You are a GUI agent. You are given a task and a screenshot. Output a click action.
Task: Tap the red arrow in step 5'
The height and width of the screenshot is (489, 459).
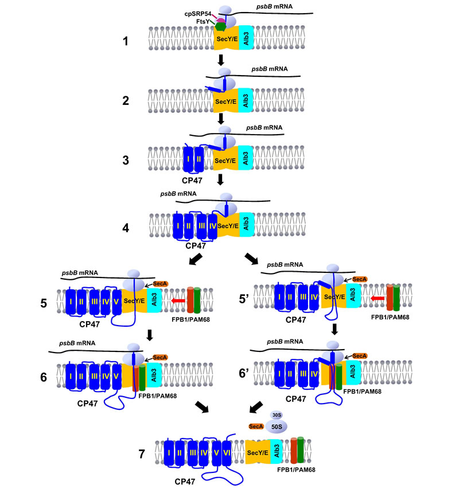pos(377,299)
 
